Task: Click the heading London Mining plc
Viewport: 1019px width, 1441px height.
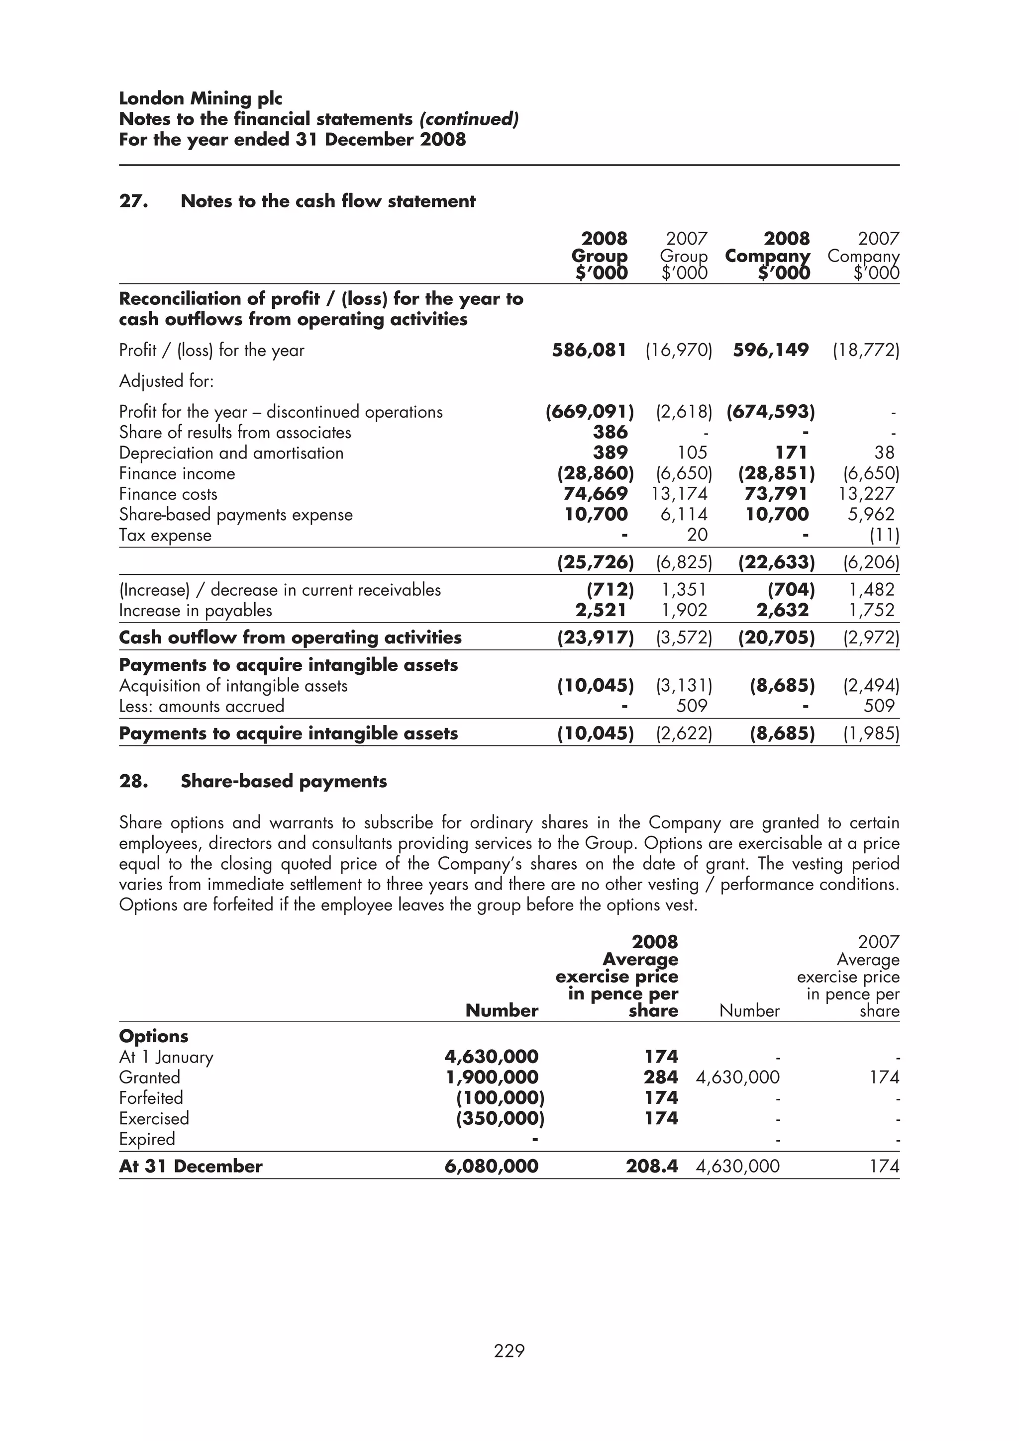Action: pyautogui.click(x=201, y=98)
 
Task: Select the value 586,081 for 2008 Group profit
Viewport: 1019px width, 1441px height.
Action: pyautogui.click(x=589, y=350)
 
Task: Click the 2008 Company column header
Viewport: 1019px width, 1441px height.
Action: pyautogui.click(x=767, y=256)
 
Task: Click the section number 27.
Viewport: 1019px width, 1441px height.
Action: pyautogui.click(x=134, y=201)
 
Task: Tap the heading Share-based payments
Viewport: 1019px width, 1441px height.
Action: pyautogui.click(x=283, y=781)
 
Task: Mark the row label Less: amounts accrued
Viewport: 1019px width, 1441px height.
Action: pyautogui.click(x=202, y=707)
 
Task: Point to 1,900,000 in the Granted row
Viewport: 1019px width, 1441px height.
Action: pyautogui.click(x=492, y=1078)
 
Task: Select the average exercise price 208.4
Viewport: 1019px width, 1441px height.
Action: pyautogui.click(x=651, y=1167)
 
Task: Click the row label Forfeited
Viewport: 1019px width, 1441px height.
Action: pyautogui.click(x=151, y=1098)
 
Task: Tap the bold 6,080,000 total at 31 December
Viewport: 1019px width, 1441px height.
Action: pyautogui.click(x=491, y=1167)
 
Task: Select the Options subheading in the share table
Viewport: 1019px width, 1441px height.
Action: pyautogui.click(x=154, y=1036)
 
